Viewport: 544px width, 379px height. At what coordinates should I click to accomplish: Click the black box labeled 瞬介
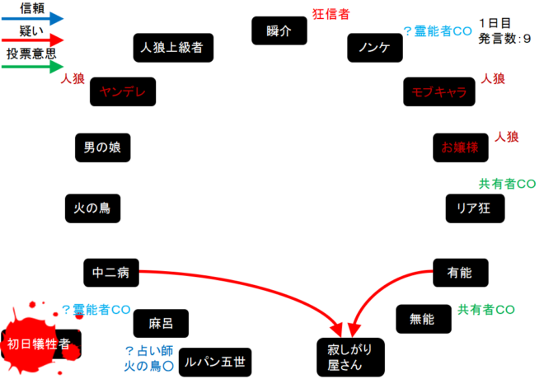tap(279, 31)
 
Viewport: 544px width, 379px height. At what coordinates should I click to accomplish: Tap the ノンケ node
tap(374, 47)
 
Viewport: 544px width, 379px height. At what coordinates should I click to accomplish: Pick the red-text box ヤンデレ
tap(123, 92)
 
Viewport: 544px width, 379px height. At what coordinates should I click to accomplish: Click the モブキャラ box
tap(438, 92)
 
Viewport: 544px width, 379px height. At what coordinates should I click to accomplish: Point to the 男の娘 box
tap(101, 147)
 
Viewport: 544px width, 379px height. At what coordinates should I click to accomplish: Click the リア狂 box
tap(474, 208)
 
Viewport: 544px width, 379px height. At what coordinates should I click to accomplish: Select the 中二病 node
tap(110, 270)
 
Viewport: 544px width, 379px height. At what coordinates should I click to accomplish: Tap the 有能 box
tap(460, 270)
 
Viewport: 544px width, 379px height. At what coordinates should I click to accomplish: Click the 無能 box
tap(423, 319)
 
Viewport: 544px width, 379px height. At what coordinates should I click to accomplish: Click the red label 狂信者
tap(331, 13)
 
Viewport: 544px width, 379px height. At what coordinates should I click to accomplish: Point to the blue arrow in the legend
tap(33, 18)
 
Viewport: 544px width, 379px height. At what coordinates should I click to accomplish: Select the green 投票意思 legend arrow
tap(33, 66)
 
